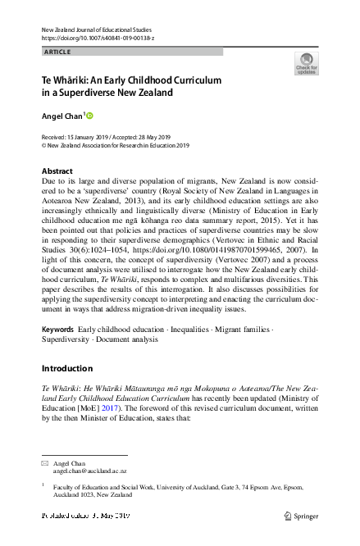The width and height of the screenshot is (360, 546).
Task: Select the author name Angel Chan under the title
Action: pyautogui.click(x=62, y=116)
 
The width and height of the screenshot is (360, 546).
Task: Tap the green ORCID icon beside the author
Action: pyautogui.click(x=90, y=116)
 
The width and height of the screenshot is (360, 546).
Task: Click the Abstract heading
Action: pyautogui.click(x=57, y=171)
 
